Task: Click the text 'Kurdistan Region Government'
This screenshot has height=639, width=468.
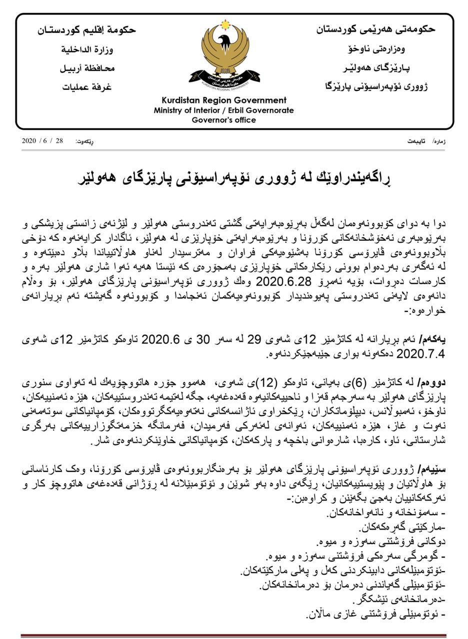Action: pos(223,100)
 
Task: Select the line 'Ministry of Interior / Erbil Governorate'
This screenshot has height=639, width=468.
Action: pos(223,110)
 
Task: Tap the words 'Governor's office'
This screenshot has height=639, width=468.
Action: pos(223,120)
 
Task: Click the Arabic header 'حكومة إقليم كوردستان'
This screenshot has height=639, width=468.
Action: pos(87,30)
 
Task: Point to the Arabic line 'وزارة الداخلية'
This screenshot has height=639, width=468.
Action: pos(87,49)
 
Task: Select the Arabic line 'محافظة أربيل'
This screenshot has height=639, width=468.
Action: pos(87,68)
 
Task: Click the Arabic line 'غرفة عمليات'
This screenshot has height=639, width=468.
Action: pos(87,87)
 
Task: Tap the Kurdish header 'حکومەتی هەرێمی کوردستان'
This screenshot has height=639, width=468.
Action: pos(375,29)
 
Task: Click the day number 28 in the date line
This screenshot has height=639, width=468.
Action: pos(59,141)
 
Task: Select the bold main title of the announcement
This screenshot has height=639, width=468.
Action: pos(233,178)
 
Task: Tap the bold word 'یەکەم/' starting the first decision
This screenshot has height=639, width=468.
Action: pos(433,340)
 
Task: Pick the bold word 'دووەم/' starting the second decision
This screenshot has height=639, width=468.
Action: pos(432,383)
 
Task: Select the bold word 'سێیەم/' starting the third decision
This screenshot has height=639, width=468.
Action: pos(433,469)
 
